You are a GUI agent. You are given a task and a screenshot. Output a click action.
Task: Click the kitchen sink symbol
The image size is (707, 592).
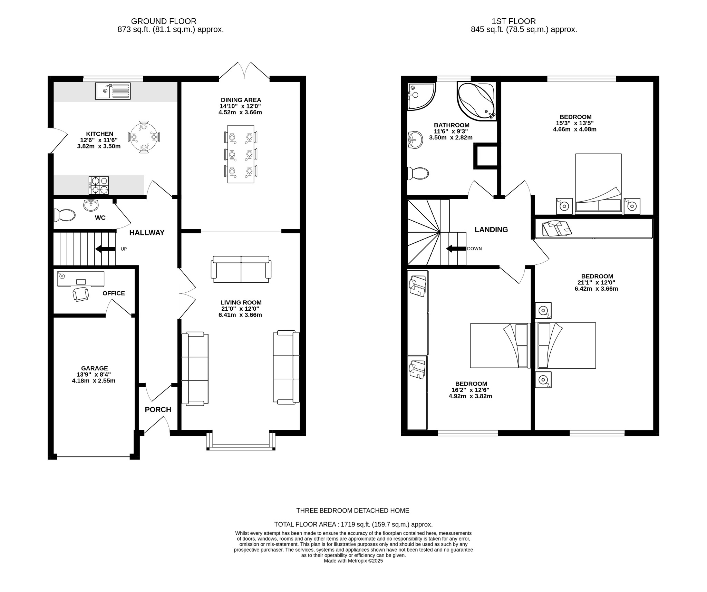pyautogui.click(x=113, y=91)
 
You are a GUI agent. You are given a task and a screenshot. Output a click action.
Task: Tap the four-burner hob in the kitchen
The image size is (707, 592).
pyautogui.click(x=99, y=185)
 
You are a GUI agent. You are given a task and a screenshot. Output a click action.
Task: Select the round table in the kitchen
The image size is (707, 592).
pyautogui.click(x=144, y=137)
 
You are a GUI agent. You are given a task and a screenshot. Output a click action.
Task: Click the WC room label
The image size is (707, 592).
pyautogui.click(x=100, y=218)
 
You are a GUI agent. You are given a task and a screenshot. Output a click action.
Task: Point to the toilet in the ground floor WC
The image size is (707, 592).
pyautogui.click(x=64, y=215)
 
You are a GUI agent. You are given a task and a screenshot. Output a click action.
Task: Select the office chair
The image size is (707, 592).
pyautogui.click(x=81, y=294)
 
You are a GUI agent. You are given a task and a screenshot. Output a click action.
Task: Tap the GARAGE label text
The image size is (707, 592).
pyautogui.click(x=95, y=368)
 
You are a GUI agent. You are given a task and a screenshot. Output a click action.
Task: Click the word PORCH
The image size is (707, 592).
pyautogui.click(x=158, y=409)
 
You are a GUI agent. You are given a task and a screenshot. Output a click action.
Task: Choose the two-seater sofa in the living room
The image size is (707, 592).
pyautogui.click(x=241, y=269)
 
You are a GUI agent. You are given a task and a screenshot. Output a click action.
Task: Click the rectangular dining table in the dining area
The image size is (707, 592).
pyautogui.click(x=241, y=154)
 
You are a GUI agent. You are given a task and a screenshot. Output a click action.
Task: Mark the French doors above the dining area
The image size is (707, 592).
pyautogui.click(x=244, y=71)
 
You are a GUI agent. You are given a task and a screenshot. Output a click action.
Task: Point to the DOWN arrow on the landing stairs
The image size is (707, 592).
pyautogui.click(x=454, y=249)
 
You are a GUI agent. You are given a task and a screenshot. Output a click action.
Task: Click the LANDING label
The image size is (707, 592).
pyautogui.click(x=491, y=230)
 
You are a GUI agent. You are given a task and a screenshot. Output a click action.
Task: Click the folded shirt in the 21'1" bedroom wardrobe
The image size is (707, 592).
pyautogui.click(x=556, y=228)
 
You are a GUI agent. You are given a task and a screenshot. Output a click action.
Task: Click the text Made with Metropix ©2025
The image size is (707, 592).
pyautogui.click(x=353, y=561)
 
